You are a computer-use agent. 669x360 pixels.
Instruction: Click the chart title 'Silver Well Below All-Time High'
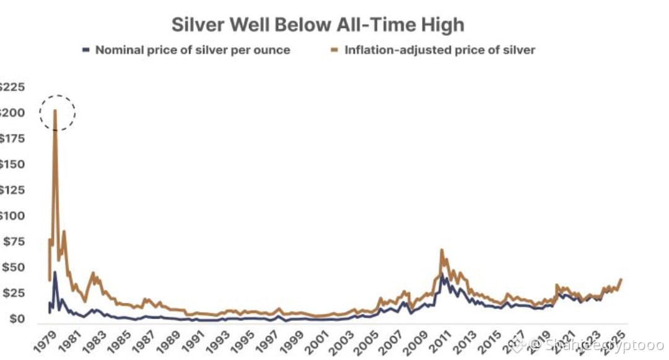[317, 25]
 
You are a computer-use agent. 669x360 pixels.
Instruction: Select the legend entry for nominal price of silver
[192, 50]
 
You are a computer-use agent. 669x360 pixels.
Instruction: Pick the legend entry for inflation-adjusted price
[440, 50]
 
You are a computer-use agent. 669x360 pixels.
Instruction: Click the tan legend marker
[335, 49]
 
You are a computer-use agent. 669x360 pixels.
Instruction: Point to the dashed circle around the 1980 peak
[57, 113]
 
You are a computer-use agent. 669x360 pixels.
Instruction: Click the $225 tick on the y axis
[13, 87]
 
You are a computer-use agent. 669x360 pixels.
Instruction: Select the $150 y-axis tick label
[13, 164]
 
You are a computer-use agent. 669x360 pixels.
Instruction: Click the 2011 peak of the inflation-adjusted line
[442, 250]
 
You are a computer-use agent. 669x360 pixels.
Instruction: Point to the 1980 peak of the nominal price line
[55, 272]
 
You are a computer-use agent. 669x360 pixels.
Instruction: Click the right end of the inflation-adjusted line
[621, 279]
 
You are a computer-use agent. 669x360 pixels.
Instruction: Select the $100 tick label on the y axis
[13, 216]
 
